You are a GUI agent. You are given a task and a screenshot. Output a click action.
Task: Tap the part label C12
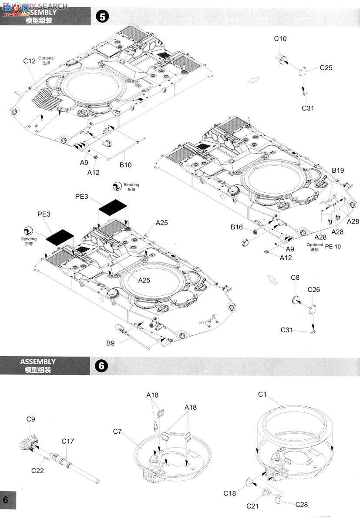[29, 61]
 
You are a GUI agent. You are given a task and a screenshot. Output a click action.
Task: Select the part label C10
[280, 39]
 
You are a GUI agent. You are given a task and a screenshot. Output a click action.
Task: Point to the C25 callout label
[326, 68]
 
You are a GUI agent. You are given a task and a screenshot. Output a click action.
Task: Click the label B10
[125, 165]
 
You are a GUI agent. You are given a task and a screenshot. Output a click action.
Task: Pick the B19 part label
[338, 171]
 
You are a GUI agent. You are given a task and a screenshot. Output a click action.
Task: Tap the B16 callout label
[237, 227]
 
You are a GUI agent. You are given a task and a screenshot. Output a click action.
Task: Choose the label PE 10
[333, 246]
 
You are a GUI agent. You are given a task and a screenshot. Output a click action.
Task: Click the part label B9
[111, 343]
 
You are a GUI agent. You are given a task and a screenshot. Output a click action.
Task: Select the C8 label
[295, 278]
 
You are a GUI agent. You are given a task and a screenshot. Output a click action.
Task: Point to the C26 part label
[313, 290]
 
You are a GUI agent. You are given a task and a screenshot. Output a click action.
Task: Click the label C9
[30, 419]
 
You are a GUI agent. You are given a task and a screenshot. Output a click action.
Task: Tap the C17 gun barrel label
[67, 441]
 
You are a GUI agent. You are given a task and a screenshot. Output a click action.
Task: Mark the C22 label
[37, 470]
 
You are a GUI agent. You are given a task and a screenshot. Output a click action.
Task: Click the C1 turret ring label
[262, 394]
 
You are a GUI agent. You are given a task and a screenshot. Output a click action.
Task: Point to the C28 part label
[302, 504]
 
